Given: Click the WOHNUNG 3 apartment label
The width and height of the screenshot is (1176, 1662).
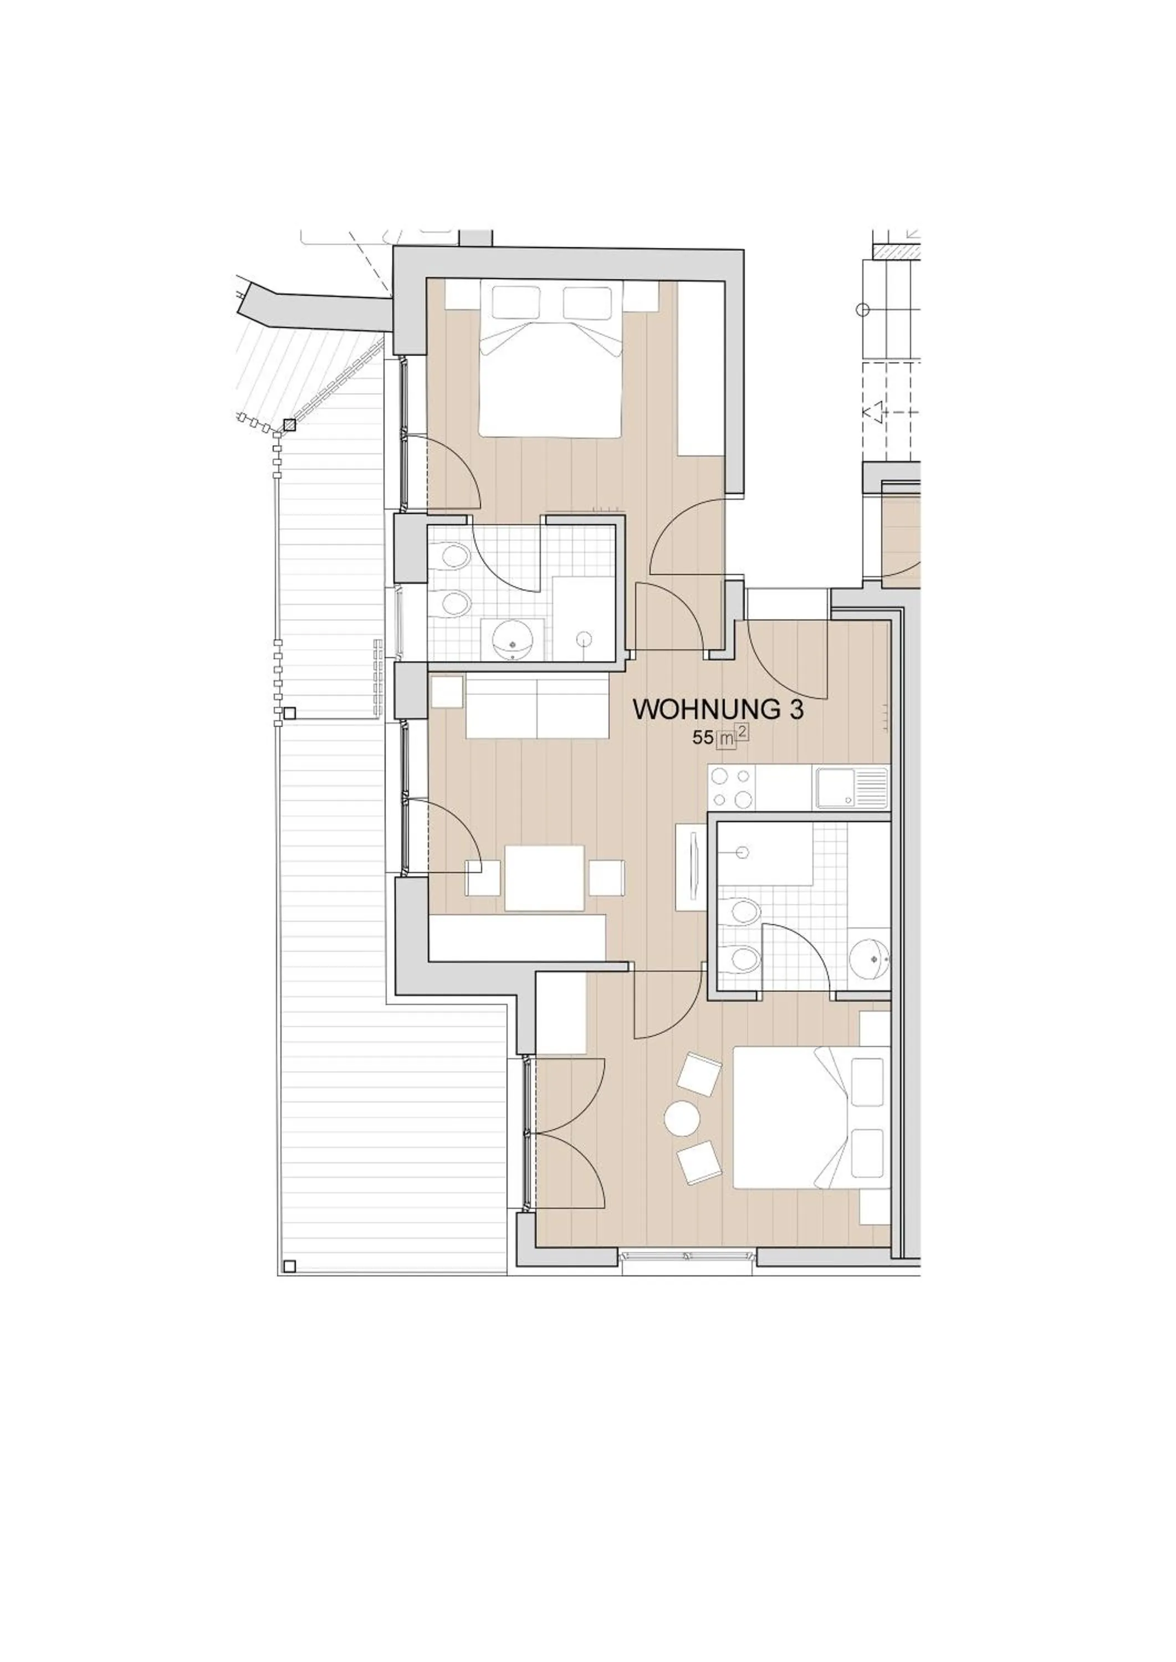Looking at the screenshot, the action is [x=718, y=709].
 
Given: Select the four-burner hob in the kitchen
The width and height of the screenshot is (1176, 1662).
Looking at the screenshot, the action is [x=732, y=788].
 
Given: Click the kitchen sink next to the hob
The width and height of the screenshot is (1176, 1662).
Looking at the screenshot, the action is [x=851, y=788].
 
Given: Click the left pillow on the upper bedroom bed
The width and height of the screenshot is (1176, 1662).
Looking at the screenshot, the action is [x=515, y=302].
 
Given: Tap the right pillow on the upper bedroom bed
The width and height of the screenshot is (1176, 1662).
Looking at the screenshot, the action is [x=587, y=302].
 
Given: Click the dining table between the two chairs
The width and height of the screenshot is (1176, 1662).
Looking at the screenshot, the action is [x=544, y=878].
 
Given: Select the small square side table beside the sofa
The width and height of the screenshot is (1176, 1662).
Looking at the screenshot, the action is [x=447, y=691].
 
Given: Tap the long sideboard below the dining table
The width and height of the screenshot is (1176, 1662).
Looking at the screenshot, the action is [x=518, y=937].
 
